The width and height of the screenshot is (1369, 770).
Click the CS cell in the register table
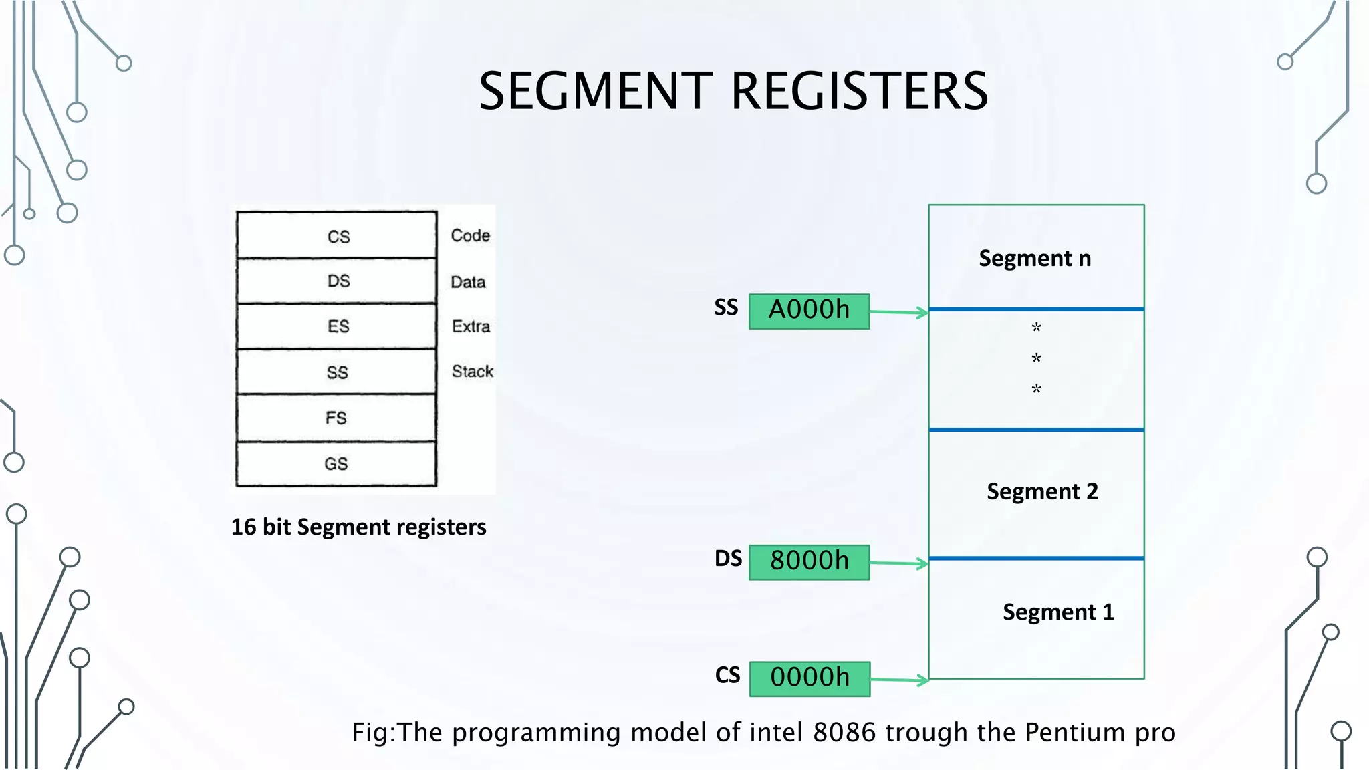[x=338, y=236]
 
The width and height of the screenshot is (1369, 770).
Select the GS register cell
[x=336, y=463]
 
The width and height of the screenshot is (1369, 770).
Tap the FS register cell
[x=336, y=418]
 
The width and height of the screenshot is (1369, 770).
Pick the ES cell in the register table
[x=338, y=326]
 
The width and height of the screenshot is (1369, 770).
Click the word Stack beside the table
[x=472, y=371]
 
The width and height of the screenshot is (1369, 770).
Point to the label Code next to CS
[x=470, y=235]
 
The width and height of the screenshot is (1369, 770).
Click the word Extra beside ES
[x=471, y=326]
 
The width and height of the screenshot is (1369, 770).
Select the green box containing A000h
[x=809, y=311]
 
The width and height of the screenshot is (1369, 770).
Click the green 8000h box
[x=809, y=561]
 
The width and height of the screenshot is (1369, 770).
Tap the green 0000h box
[x=810, y=678]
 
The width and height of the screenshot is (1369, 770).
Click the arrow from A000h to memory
[x=898, y=312]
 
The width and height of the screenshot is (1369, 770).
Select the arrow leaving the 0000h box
[x=899, y=680]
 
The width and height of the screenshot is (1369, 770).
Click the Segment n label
[x=1035, y=258]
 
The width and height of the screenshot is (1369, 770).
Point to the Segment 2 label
[x=1042, y=491]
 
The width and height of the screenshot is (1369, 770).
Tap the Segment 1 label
[x=1058, y=612]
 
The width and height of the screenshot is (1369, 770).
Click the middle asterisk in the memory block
[x=1036, y=358]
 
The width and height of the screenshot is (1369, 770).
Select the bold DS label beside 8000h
[x=728, y=559]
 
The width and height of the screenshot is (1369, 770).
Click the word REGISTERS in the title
[x=859, y=92]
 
